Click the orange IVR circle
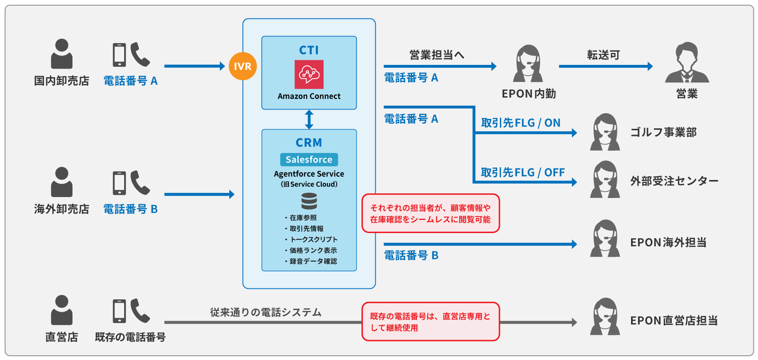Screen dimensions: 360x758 [243, 66]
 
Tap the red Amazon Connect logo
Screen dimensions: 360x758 [309, 74]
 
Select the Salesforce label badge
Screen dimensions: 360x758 [309, 160]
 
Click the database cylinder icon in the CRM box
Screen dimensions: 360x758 [309, 201]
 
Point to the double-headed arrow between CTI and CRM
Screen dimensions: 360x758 [309, 119]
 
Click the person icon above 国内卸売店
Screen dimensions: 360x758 [62, 54]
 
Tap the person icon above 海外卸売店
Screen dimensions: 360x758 [62, 182]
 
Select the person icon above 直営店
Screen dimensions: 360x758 [62, 310]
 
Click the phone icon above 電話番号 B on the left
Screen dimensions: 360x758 [131, 183]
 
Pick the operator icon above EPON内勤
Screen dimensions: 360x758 [528, 64]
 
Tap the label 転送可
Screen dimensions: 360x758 [604, 55]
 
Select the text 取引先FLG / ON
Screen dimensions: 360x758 [521, 123]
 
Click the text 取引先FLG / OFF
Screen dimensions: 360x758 [523, 172]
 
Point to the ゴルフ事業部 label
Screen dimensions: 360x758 [663, 133]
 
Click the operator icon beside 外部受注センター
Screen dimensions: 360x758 [605, 180]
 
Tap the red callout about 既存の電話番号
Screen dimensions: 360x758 [431, 322]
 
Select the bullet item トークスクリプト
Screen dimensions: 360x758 [314, 240]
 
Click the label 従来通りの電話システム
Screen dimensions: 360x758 [266, 313]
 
